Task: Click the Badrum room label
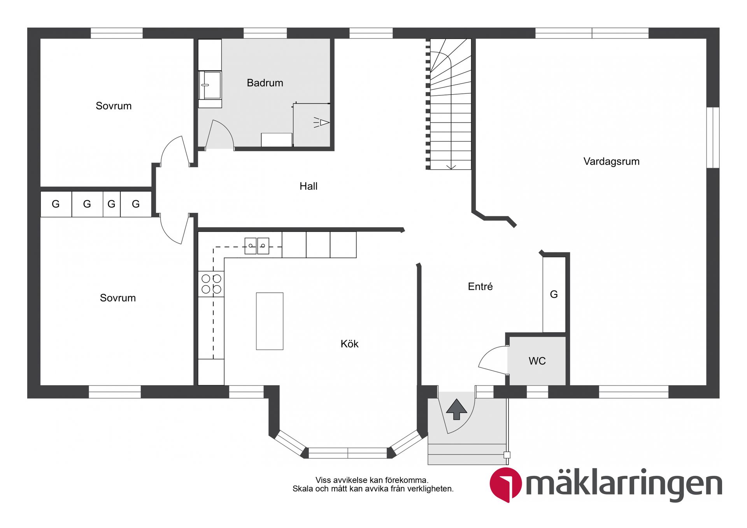pos(265,83)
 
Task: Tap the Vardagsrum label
pos(611,161)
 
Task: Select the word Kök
pos(349,344)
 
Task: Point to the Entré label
pos(480,287)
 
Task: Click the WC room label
pos(537,361)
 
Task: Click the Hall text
pos(308,186)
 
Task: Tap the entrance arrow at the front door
pos(456,409)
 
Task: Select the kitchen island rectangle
pos(269,321)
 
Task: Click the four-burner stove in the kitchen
pos(211,284)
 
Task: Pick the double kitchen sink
pos(257,246)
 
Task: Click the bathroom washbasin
pos(210,85)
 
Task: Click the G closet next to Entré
pos(554,295)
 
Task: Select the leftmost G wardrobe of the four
pos(56,204)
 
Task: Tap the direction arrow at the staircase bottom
pos(451,167)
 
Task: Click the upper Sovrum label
pos(113,106)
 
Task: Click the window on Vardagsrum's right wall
pos(712,137)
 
